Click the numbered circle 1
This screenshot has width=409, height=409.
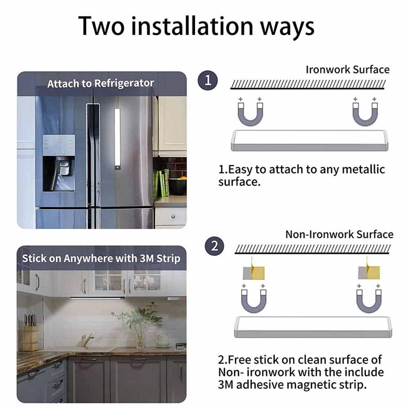208,80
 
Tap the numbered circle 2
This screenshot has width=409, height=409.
214,246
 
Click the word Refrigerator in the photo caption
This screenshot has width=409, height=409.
124,83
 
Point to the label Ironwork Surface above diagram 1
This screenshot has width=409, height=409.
347,70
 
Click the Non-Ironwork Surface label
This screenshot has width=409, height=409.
339,234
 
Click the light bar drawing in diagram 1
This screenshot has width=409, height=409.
310,140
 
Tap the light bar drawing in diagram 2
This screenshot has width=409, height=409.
313,327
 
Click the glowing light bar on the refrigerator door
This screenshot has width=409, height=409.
118,139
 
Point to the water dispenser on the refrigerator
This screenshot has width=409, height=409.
58,163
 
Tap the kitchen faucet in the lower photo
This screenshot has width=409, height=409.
87,340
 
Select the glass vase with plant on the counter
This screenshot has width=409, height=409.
140,339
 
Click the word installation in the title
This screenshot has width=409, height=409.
192,26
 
